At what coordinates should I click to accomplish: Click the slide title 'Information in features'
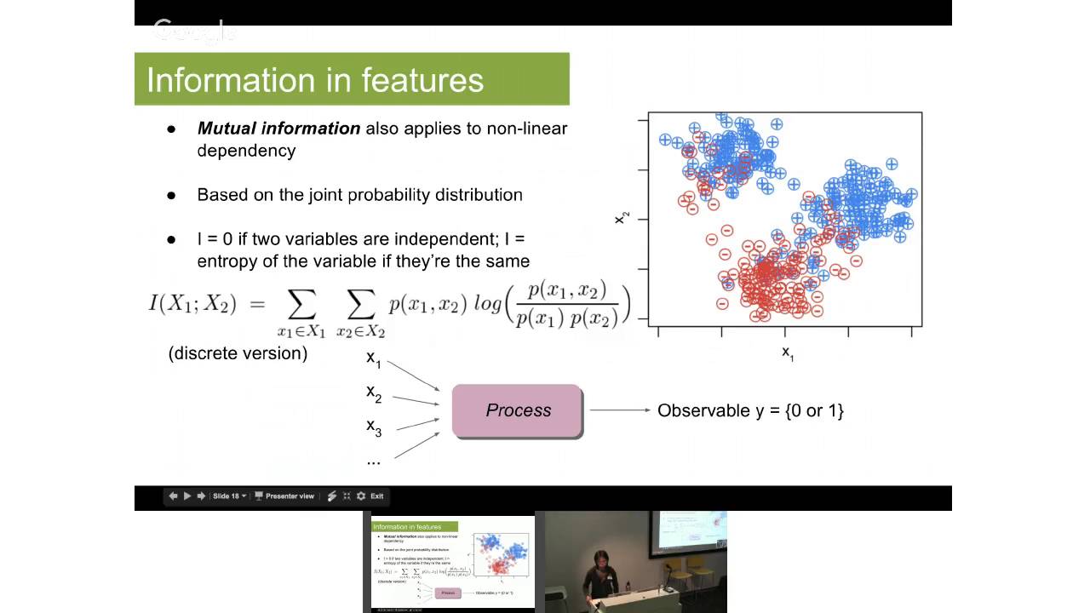(315, 80)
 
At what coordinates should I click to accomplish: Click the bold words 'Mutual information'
(278, 129)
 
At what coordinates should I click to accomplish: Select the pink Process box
(518, 410)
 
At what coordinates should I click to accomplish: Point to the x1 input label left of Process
(374, 358)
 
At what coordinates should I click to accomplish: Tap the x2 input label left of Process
(374, 393)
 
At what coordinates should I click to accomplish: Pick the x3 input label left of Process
(374, 427)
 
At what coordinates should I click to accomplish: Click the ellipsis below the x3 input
(373, 461)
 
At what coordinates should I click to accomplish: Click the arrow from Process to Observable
(619, 410)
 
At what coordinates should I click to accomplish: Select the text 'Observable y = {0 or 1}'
(750, 410)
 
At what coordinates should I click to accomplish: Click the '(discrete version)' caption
(238, 353)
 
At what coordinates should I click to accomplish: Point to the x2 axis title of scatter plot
(622, 219)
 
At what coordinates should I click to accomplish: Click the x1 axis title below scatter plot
(787, 352)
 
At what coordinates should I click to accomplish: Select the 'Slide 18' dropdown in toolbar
(229, 496)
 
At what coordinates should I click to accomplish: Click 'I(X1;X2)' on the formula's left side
(192, 304)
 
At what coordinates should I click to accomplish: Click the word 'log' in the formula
(487, 304)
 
